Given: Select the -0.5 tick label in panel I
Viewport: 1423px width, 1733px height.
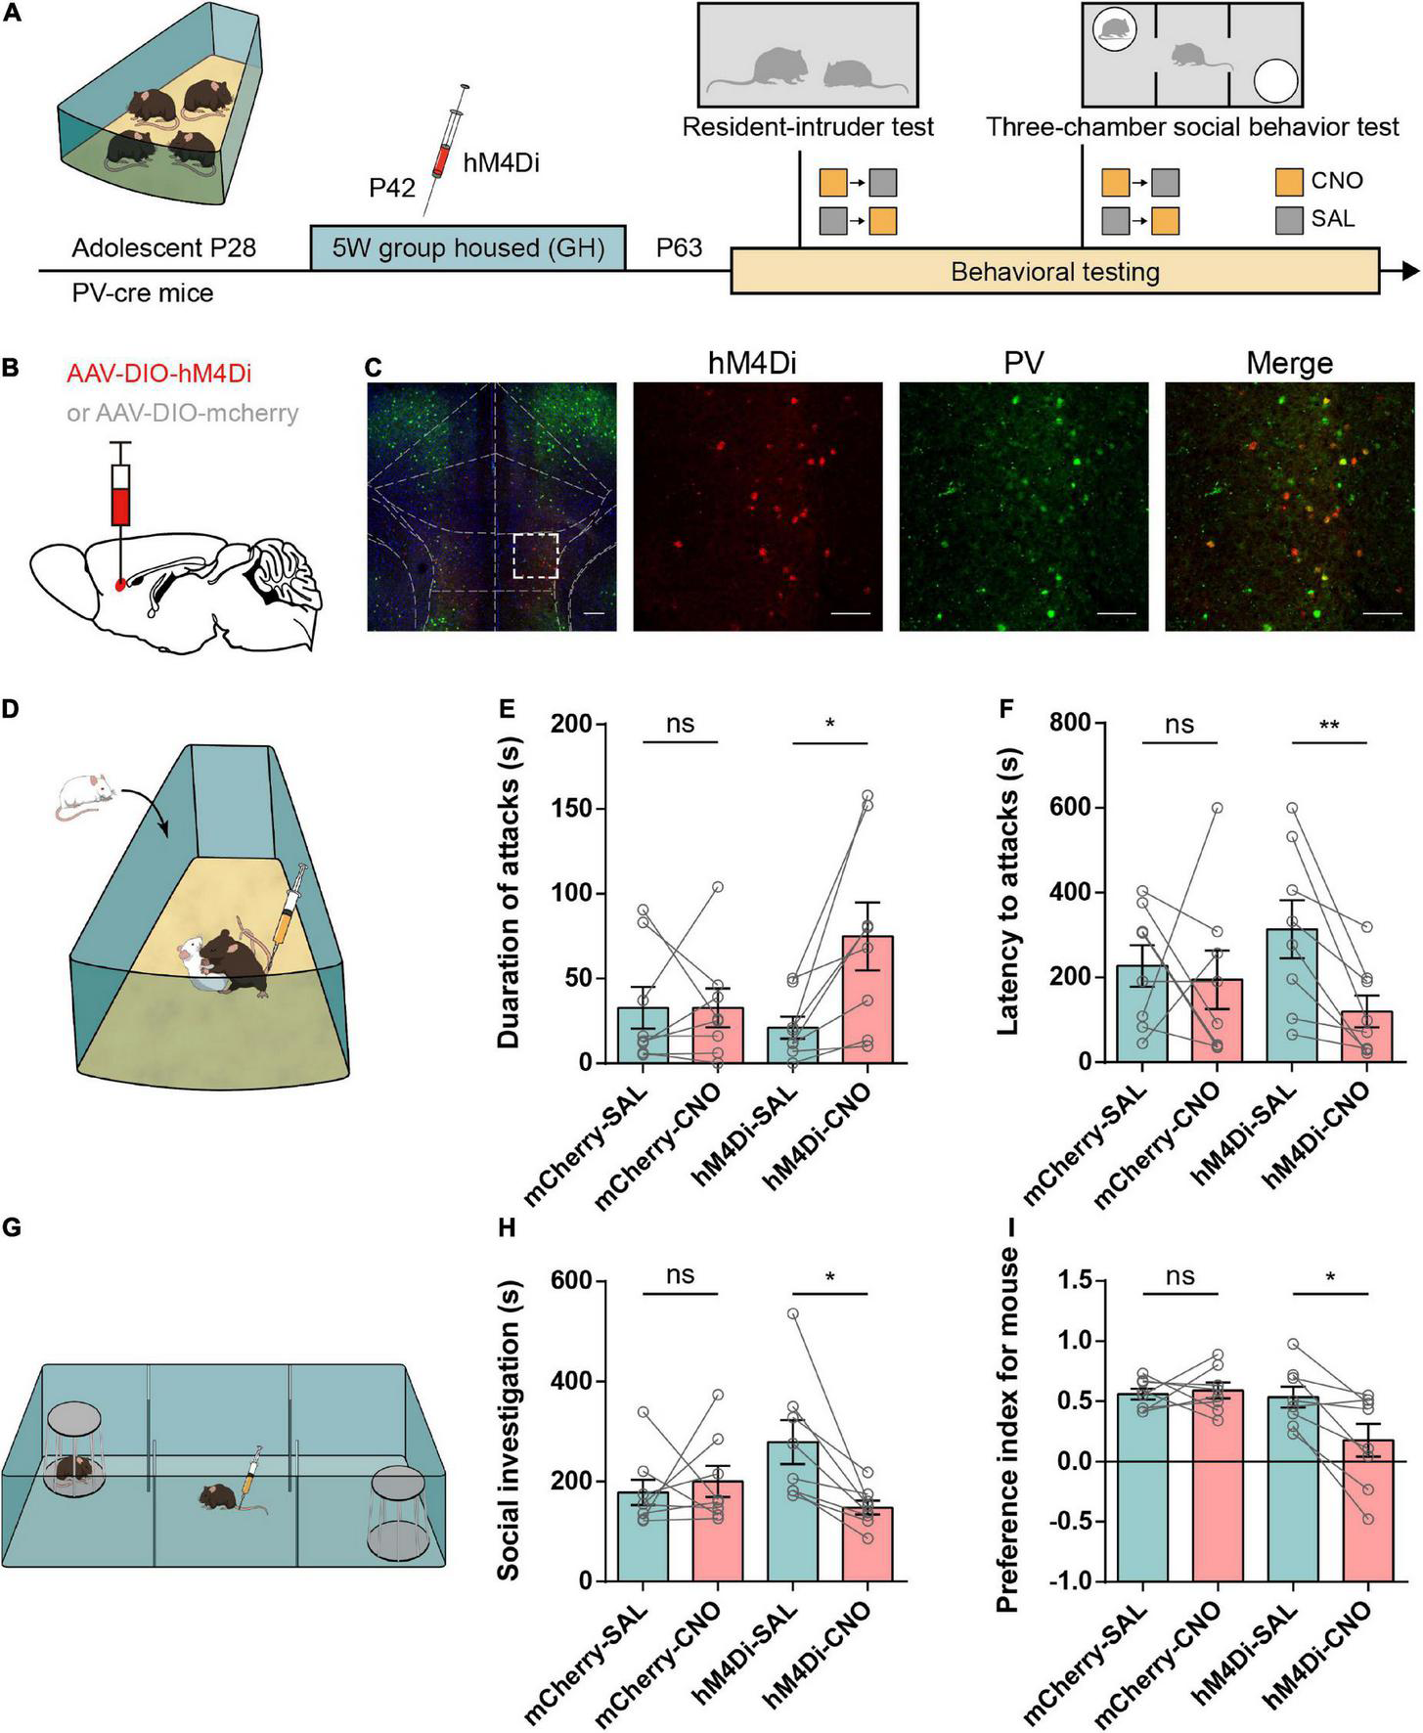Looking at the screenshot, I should (1070, 1521).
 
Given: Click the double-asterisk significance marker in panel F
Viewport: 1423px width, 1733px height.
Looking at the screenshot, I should (1329, 726).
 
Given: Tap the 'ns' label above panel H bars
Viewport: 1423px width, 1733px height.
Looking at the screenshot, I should (681, 1275).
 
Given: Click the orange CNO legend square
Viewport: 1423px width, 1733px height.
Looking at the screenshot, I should (1289, 182).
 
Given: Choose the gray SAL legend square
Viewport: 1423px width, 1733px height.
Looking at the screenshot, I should (1289, 219).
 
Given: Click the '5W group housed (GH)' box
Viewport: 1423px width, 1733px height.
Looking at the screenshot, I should (468, 247).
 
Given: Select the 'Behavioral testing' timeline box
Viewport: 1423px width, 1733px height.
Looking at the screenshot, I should (1054, 271).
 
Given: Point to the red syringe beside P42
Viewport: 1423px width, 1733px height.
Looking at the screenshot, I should (446, 147).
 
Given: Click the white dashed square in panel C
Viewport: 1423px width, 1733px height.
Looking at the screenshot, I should (535, 555).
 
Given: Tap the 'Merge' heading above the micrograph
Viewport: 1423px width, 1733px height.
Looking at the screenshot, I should (1289, 364).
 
